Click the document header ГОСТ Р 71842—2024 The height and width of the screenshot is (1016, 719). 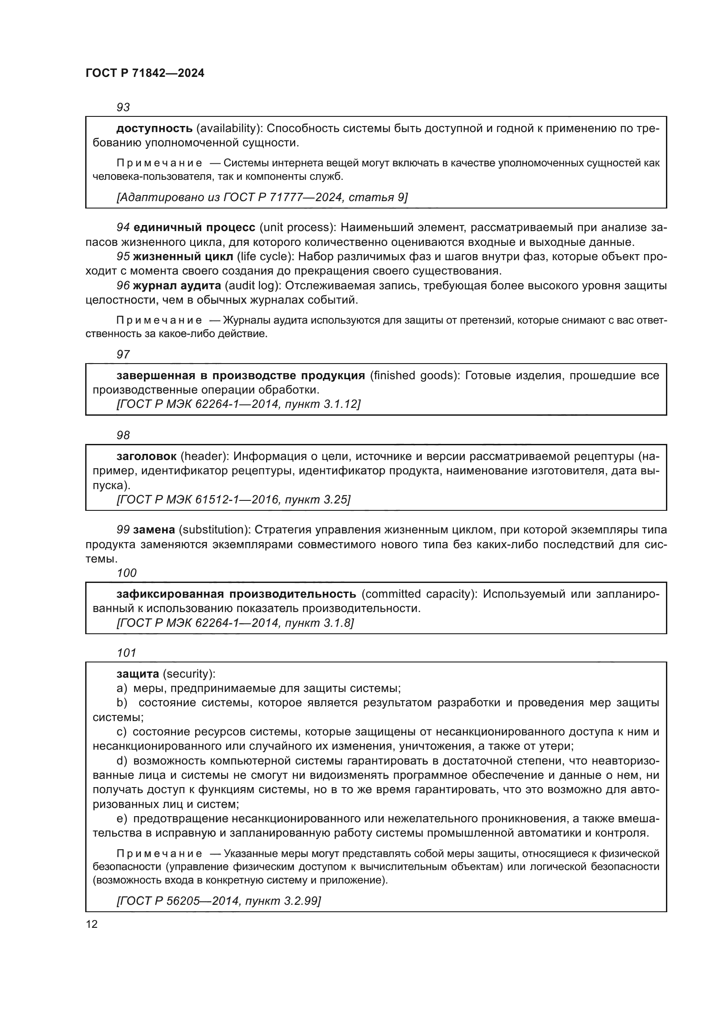pyautogui.click(x=145, y=73)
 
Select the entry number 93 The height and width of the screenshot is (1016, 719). pyautogui.click(x=123, y=107)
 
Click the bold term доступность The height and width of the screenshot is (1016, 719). pyautogui.click(x=154, y=128)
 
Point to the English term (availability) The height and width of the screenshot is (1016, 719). pyautogui.click(x=230, y=128)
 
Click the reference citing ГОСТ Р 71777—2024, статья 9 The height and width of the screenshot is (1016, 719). pyautogui.click(x=262, y=197)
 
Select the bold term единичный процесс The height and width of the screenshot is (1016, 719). pyautogui.click(x=194, y=228)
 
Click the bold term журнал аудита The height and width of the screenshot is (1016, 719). pyautogui.click(x=176, y=285)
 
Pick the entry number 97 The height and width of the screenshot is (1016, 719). pyautogui.click(x=123, y=354)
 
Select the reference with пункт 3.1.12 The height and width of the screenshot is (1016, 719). pyautogui.click(x=239, y=404)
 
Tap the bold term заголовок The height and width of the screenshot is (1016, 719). pyautogui.click(x=146, y=456)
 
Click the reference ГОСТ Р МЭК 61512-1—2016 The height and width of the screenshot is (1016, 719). pyautogui.click(x=233, y=500)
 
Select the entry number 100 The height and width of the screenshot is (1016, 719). pyautogui.click(x=126, y=573)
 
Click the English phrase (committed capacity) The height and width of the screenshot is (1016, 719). pyautogui.click(x=419, y=594)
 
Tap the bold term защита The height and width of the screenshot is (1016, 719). pyautogui.click(x=138, y=674)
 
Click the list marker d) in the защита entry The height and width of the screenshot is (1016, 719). pyautogui.click(x=121, y=761)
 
